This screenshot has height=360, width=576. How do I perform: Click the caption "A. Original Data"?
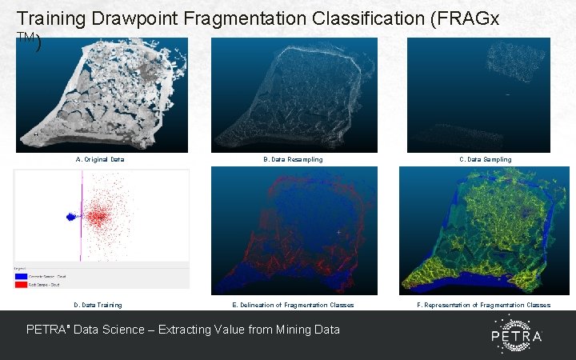(x=100, y=160)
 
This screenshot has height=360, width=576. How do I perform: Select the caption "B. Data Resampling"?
(x=294, y=160)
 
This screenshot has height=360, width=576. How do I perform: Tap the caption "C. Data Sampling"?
(x=486, y=160)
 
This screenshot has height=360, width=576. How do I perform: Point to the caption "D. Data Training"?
(x=98, y=305)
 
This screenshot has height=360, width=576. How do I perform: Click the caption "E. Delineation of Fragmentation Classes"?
(x=293, y=305)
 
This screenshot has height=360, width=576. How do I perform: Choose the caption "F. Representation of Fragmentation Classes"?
(x=484, y=305)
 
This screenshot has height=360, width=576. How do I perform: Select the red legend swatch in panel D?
(x=21, y=284)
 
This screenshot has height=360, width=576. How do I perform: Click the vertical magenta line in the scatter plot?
(x=82, y=216)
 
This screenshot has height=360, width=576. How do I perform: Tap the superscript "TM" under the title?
(x=24, y=38)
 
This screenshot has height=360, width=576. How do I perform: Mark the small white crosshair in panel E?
(x=339, y=233)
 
